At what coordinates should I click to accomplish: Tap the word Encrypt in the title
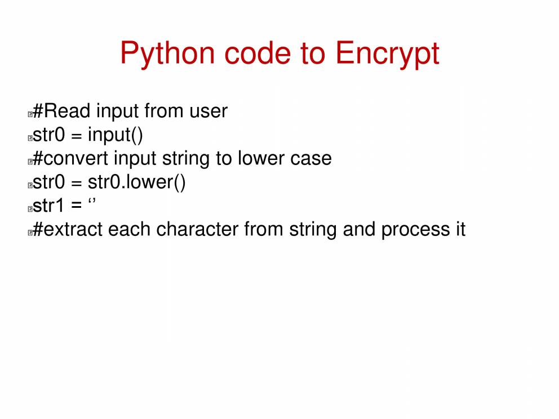tap(387, 54)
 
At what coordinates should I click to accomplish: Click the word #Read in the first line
tap(61, 111)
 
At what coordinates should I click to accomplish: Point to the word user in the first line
tap(208, 112)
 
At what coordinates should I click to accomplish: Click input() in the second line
tap(115, 135)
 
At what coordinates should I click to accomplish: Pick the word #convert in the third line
tap(70, 159)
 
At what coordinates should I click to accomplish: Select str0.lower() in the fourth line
tap(136, 182)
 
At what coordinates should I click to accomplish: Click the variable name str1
tap(48, 206)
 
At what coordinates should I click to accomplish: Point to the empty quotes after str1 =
tap(92, 201)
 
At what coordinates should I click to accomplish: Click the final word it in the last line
tap(460, 229)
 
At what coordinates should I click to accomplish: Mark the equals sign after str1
tap(76, 206)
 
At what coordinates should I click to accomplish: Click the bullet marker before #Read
tap(30, 114)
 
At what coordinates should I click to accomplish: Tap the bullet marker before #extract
tap(30, 233)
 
